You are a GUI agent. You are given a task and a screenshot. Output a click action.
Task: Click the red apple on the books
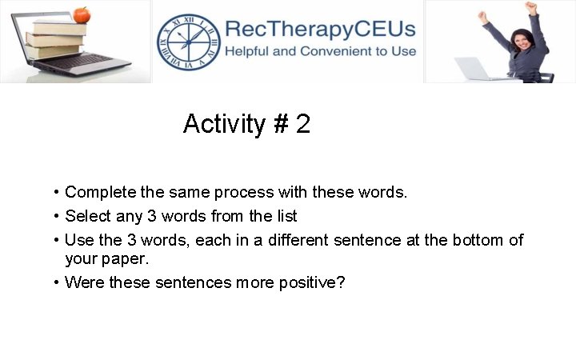click(81, 14)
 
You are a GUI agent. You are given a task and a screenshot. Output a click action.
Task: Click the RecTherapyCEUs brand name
click(320, 30)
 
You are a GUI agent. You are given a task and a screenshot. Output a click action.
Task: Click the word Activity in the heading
click(224, 125)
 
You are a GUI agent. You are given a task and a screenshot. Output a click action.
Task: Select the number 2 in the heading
click(303, 125)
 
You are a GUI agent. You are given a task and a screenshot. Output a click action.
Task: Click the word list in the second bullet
click(286, 216)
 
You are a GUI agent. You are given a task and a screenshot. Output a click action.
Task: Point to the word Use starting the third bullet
click(78, 240)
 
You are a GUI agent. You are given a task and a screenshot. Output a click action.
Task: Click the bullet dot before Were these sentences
click(57, 282)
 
